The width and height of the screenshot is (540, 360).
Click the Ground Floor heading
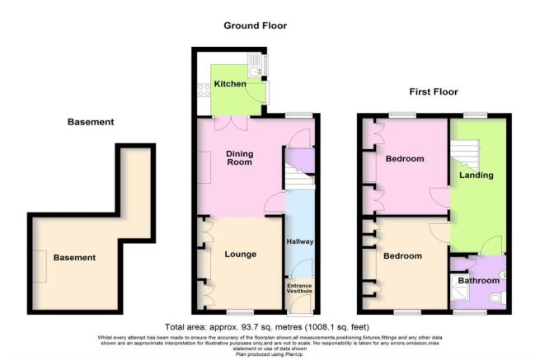click(255, 26)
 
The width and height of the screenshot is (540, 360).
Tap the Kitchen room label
click(229, 84)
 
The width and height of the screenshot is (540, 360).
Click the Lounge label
click(240, 254)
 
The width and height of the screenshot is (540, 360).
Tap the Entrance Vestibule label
click(300, 288)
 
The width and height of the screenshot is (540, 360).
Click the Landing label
click(477, 175)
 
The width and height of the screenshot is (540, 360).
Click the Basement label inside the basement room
click(74, 258)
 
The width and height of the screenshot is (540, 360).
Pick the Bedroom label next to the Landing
click(404, 158)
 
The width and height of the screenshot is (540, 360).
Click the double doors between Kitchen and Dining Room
click(223, 124)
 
